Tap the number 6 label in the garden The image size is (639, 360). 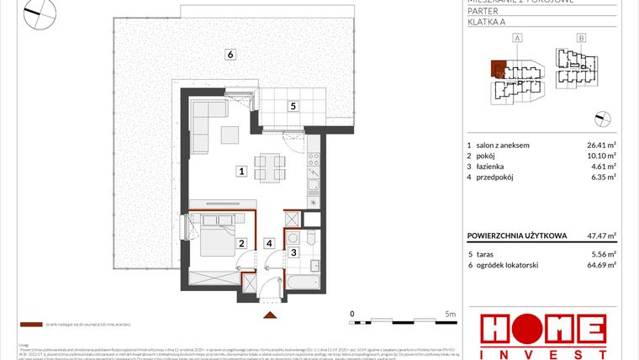pyautogui.click(x=229, y=55)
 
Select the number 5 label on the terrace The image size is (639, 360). pyautogui.click(x=292, y=106)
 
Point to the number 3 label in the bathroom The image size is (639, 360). pyautogui.click(x=293, y=251)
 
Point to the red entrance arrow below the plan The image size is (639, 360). pyautogui.click(x=269, y=315)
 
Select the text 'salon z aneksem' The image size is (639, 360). pyautogui.click(x=503, y=145)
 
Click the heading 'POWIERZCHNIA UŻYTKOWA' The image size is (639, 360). pyautogui.click(x=516, y=236)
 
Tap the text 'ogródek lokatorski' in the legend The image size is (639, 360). pyautogui.click(x=509, y=264)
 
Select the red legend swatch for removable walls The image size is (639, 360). pyautogui.click(x=30, y=323)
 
